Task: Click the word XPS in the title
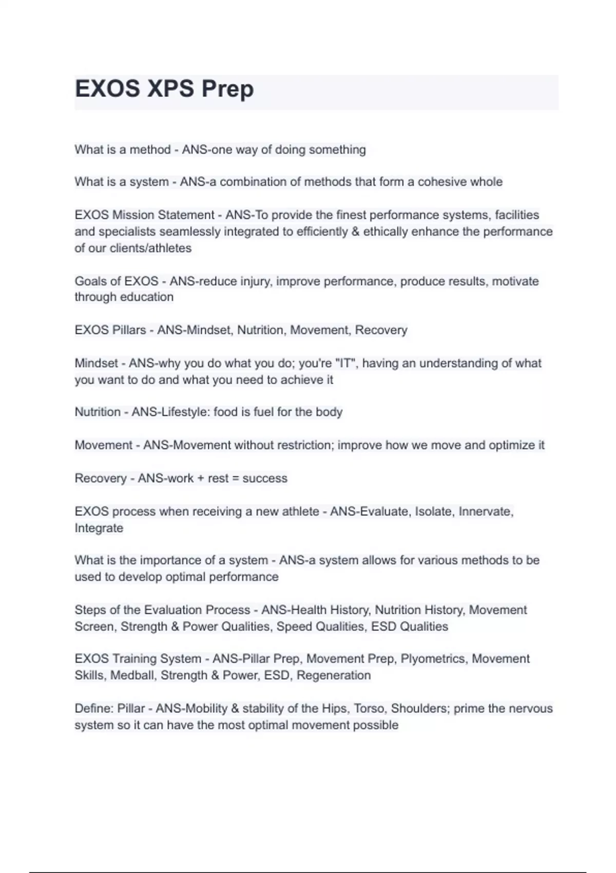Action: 170,89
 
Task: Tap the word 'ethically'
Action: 386,232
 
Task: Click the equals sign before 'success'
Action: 236,479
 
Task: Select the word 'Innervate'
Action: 485,511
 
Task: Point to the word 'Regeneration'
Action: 334,675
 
